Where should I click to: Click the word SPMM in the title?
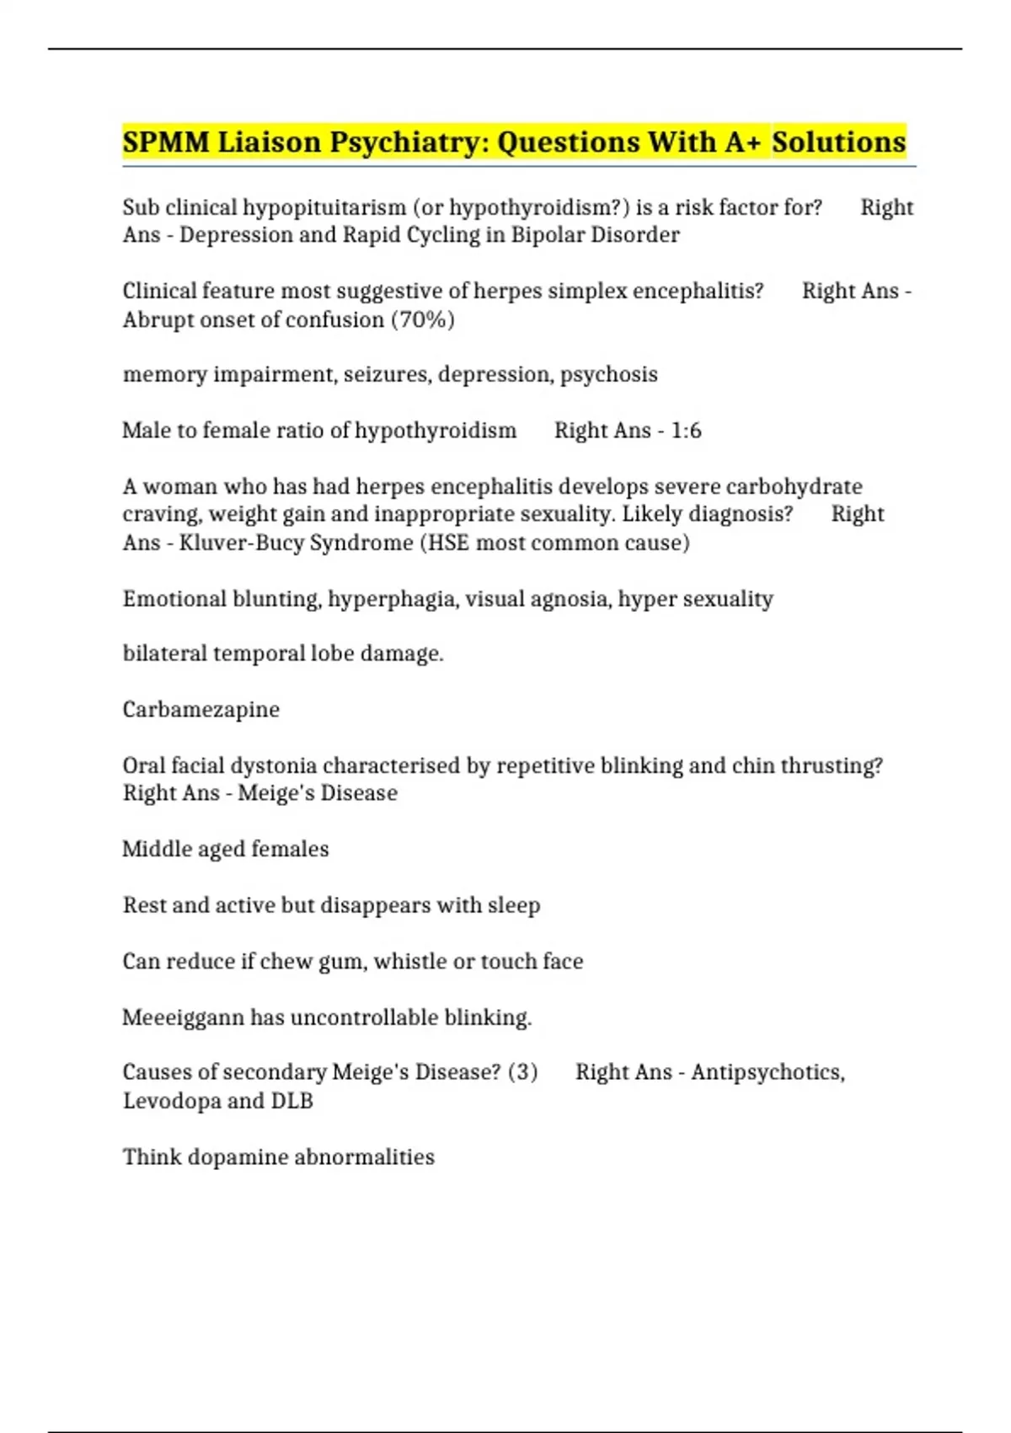pos(165,142)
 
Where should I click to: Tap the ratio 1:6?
pos(686,431)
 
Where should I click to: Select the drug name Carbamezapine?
pos(201,710)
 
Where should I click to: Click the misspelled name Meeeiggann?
pos(183,1017)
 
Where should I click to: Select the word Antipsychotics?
pos(767,1072)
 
